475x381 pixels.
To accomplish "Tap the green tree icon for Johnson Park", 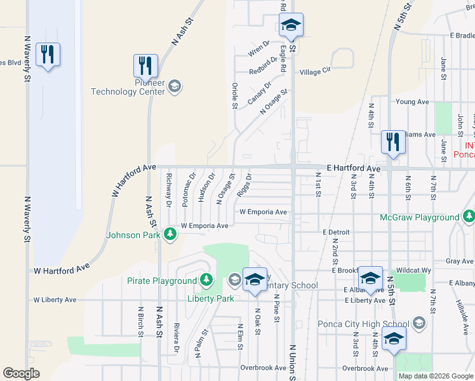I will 170,235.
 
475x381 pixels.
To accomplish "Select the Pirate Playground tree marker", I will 206,280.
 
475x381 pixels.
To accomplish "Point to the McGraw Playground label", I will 419,217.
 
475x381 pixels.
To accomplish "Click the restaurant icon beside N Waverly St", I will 48,55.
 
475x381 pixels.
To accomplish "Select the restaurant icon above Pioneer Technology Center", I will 145,65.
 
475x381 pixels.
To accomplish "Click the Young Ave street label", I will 412,102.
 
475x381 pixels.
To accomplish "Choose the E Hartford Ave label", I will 353,168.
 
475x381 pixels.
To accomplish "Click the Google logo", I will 22,373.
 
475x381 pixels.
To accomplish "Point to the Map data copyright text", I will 435,376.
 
